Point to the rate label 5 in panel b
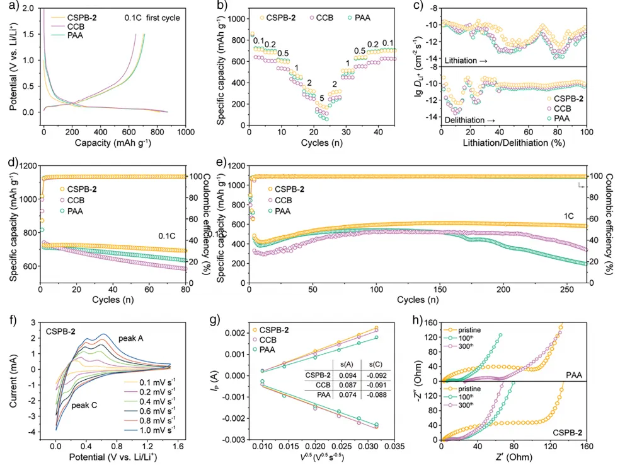322,98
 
